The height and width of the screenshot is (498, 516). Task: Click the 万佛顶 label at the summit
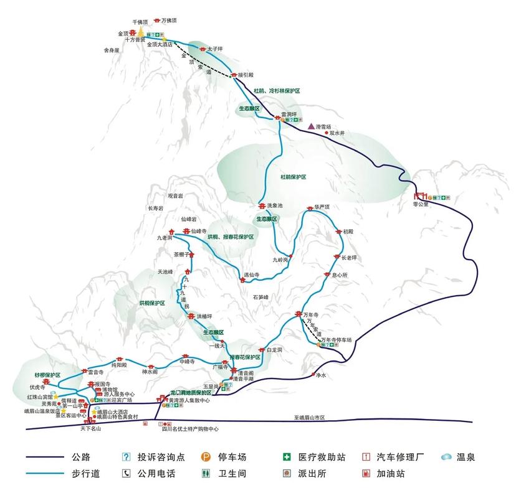[170, 21]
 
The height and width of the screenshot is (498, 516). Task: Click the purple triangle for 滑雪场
[311, 126]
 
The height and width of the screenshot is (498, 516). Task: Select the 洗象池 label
[274, 205]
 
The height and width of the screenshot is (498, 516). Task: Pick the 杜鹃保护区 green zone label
[293, 177]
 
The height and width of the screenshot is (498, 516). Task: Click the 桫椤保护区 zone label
[47, 375]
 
